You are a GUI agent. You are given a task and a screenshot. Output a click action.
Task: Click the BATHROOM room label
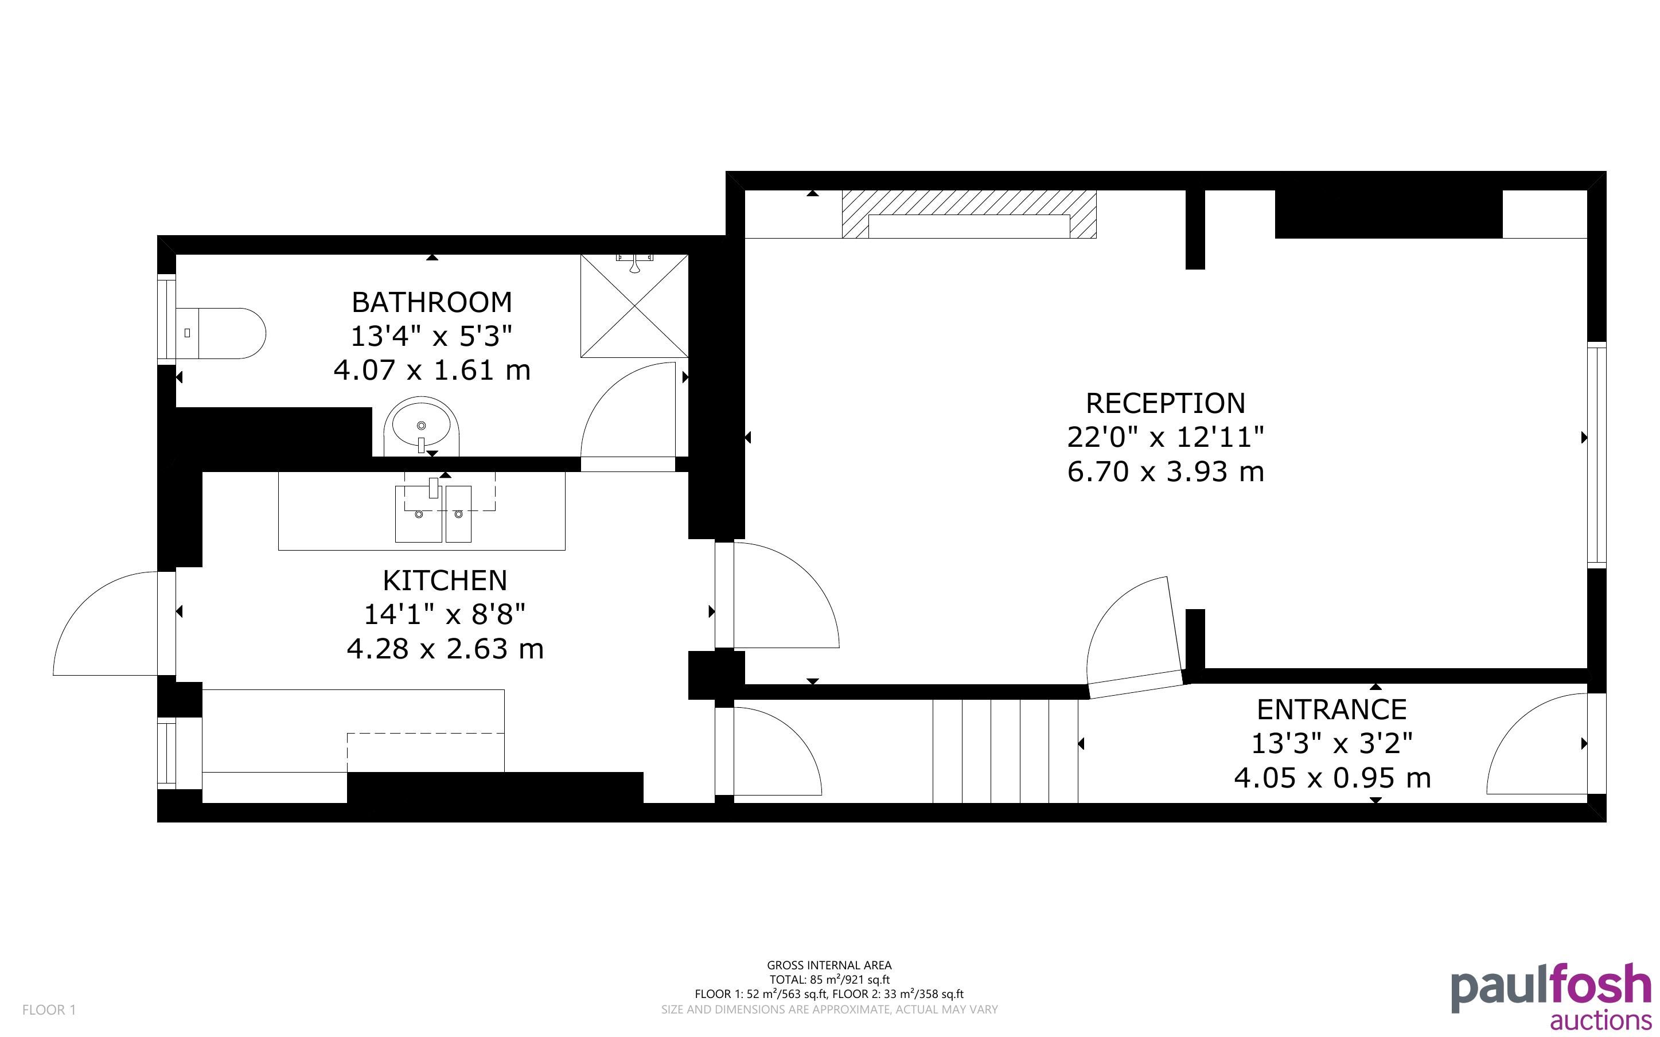431,302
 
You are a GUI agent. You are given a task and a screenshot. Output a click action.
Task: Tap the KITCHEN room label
445,581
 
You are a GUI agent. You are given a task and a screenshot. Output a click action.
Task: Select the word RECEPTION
1166,403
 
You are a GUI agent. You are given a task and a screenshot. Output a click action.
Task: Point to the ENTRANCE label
1331,709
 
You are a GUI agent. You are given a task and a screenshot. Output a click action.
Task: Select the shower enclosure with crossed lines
634,306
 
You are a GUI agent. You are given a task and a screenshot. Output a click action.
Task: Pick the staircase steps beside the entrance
1005,750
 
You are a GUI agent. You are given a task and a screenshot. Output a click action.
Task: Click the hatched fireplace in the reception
969,215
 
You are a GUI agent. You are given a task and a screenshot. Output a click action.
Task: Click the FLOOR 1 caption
49,1009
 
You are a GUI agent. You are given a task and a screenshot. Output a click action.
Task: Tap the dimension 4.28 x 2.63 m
445,649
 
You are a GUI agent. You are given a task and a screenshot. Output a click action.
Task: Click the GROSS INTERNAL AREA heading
829,965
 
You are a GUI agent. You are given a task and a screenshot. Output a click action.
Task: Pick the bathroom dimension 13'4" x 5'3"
431,337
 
